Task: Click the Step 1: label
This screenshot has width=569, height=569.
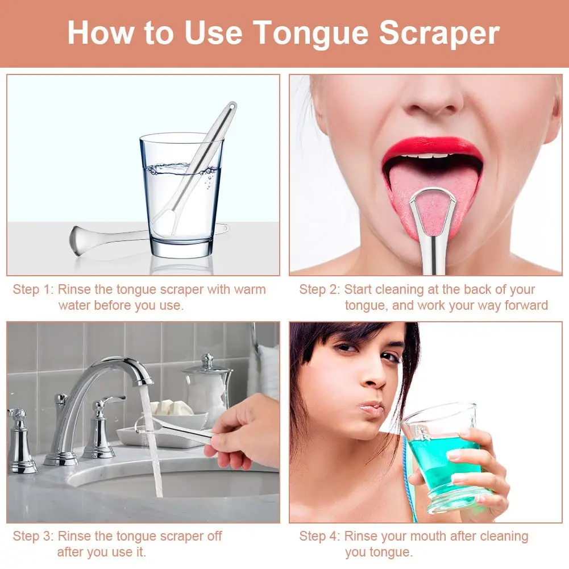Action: pos(32,289)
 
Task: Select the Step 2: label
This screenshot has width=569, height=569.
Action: pos(319,289)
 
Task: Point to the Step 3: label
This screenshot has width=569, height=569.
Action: pos(32,536)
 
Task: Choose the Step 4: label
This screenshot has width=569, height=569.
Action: pos(319,536)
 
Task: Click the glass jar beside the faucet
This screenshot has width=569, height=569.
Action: pos(207,387)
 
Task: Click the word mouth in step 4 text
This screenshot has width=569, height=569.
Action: pos(425,536)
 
